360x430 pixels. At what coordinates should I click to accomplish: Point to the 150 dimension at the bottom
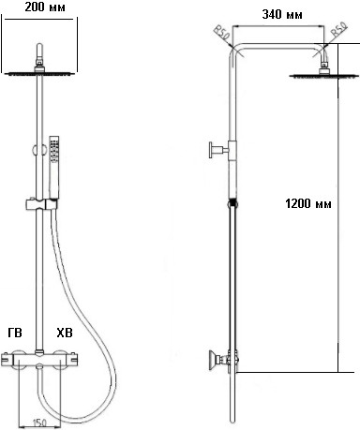[39, 423]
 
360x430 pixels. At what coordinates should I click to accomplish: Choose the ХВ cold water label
[64, 334]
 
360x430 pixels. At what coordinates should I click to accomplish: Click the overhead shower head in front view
[39, 73]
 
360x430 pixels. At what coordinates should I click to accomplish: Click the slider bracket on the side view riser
[232, 201]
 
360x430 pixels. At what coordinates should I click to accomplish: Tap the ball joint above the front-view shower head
[39, 63]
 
